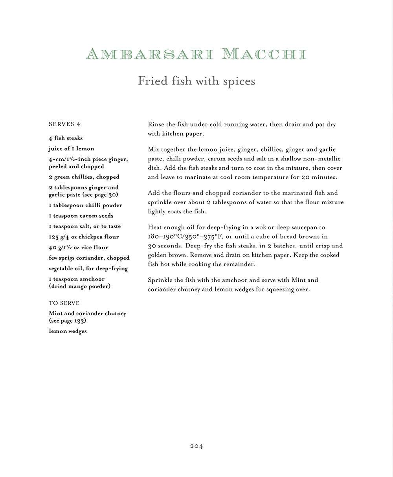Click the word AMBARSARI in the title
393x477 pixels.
point(150,54)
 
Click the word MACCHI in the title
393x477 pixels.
point(264,54)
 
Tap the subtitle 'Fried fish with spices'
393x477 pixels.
point(196,81)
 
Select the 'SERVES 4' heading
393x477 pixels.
point(64,124)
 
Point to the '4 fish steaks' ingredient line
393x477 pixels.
point(66,138)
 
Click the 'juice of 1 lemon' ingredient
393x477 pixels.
point(72,149)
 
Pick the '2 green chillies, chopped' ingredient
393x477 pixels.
point(84,177)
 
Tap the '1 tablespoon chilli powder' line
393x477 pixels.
point(86,205)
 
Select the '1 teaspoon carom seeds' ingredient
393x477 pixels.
point(81,216)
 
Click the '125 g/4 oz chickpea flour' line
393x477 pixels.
point(84,237)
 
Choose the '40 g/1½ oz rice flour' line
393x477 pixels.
point(79,248)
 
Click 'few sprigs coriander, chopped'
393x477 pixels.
point(89,258)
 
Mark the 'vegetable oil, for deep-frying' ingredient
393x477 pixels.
point(88,269)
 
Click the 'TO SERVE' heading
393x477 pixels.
point(64,303)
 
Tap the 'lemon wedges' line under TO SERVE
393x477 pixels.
point(68,331)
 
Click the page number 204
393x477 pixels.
point(196,446)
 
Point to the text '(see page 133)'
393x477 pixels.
point(68,321)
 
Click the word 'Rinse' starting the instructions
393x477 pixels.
point(156,125)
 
